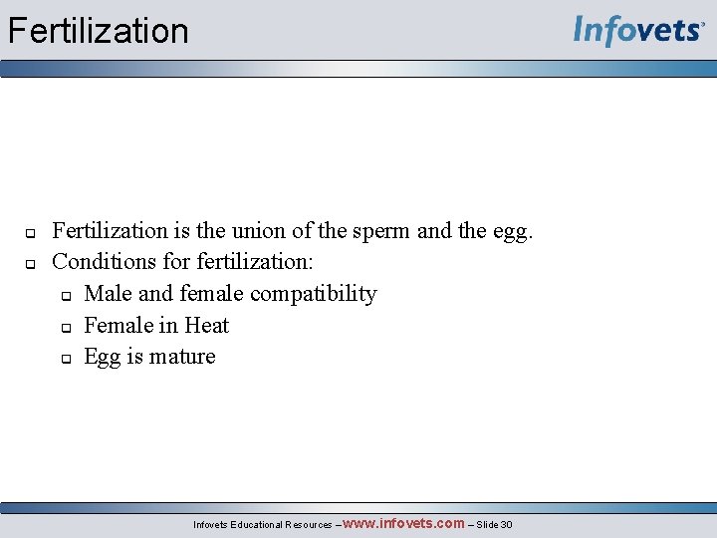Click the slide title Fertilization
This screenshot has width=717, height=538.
click(x=98, y=31)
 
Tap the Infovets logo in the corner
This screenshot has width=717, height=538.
click(x=638, y=30)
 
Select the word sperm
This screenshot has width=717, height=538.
click(x=377, y=231)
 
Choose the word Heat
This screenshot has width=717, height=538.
click(x=206, y=326)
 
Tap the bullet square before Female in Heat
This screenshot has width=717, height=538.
click(x=63, y=328)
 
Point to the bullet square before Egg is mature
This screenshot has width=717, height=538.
click(x=63, y=359)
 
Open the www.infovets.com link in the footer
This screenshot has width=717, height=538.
click(x=404, y=523)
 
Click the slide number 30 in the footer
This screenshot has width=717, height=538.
click(x=506, y=525)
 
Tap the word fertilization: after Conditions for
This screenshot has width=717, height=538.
click(x=255, y=262)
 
